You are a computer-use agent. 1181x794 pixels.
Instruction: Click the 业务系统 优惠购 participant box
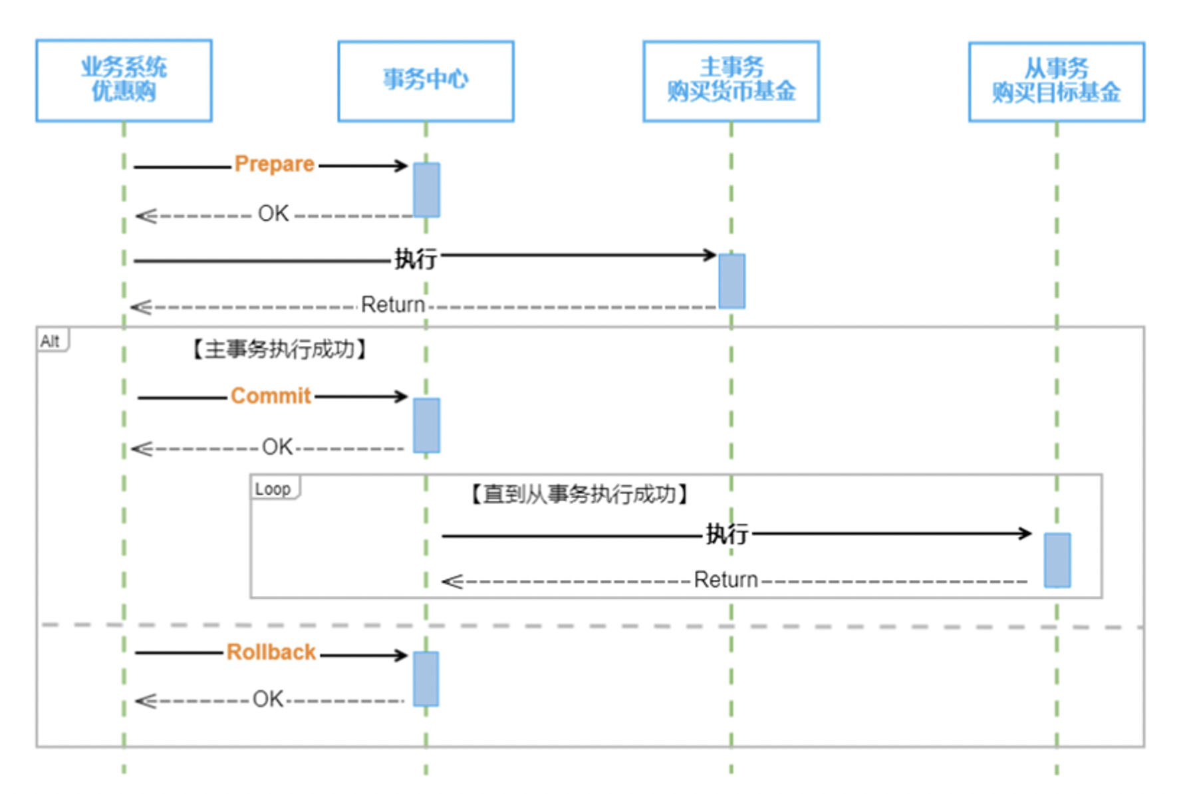click(124, 80)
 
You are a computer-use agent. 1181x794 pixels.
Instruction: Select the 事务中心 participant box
click(426, 80)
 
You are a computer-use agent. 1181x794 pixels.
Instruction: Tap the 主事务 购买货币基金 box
click(731, 80)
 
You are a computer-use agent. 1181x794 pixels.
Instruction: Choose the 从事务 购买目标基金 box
click(1056, 81)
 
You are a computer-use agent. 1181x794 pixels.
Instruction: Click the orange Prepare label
click(274, 164)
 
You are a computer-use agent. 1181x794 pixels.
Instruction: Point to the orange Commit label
click(271, 396)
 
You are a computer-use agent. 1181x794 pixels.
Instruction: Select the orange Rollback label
click(271, 652)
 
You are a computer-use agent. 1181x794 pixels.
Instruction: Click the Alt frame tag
click(51, 341)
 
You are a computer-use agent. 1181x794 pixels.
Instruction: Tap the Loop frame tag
click(273, 489)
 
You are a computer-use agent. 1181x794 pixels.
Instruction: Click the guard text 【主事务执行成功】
click(279, 349)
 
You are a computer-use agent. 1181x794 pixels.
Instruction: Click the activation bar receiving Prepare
click(426, 190)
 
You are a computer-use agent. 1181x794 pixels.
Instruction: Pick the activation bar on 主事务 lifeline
click(731, 281)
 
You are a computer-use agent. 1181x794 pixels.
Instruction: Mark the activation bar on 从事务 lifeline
click(1057, 560)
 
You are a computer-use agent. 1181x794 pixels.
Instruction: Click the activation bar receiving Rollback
click(426, 678)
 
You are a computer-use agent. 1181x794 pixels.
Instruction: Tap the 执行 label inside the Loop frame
click(727, 533)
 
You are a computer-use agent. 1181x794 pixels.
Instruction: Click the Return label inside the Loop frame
click(725, 580)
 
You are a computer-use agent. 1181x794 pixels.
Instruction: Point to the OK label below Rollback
click(268, 699)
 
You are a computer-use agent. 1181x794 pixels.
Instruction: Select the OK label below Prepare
click(273, 213)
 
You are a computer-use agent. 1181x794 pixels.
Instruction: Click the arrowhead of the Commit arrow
click(401, 396)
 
